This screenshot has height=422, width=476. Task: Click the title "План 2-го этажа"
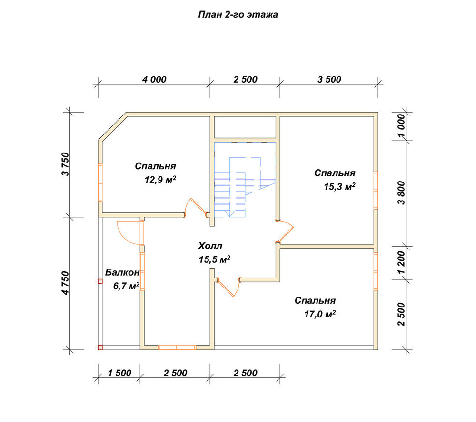238,15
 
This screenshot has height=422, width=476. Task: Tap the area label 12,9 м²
160,180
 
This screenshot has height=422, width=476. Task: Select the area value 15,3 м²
339,186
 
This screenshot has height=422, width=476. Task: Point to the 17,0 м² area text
320,314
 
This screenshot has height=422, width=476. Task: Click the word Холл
210,246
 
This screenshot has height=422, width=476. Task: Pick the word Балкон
122,273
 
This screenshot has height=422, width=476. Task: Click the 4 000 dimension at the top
154,79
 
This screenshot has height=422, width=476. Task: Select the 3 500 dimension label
329,79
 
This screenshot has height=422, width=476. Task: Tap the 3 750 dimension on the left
66,164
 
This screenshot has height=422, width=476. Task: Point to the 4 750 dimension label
66,283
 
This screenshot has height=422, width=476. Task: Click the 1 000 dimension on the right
401,126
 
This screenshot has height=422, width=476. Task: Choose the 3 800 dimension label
401,193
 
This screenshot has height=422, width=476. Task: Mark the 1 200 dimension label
401,262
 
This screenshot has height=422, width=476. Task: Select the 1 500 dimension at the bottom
119,373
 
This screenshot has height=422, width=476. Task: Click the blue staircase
245,180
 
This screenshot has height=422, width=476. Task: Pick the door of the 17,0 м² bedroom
229,287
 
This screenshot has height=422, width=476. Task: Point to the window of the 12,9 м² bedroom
100,183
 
